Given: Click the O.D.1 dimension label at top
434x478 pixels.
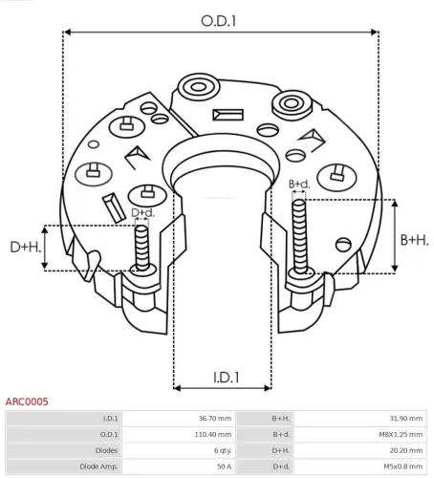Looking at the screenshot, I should [220, 19].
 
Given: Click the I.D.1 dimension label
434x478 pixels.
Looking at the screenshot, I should [220, 377].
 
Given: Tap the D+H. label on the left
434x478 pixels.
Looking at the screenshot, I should [26, 249].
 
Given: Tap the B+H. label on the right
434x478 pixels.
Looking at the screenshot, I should [414, 239].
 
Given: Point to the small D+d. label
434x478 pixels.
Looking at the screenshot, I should [142, 212].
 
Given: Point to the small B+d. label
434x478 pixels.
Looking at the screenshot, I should [299, 184].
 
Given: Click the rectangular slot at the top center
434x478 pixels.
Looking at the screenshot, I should [230, 116].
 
